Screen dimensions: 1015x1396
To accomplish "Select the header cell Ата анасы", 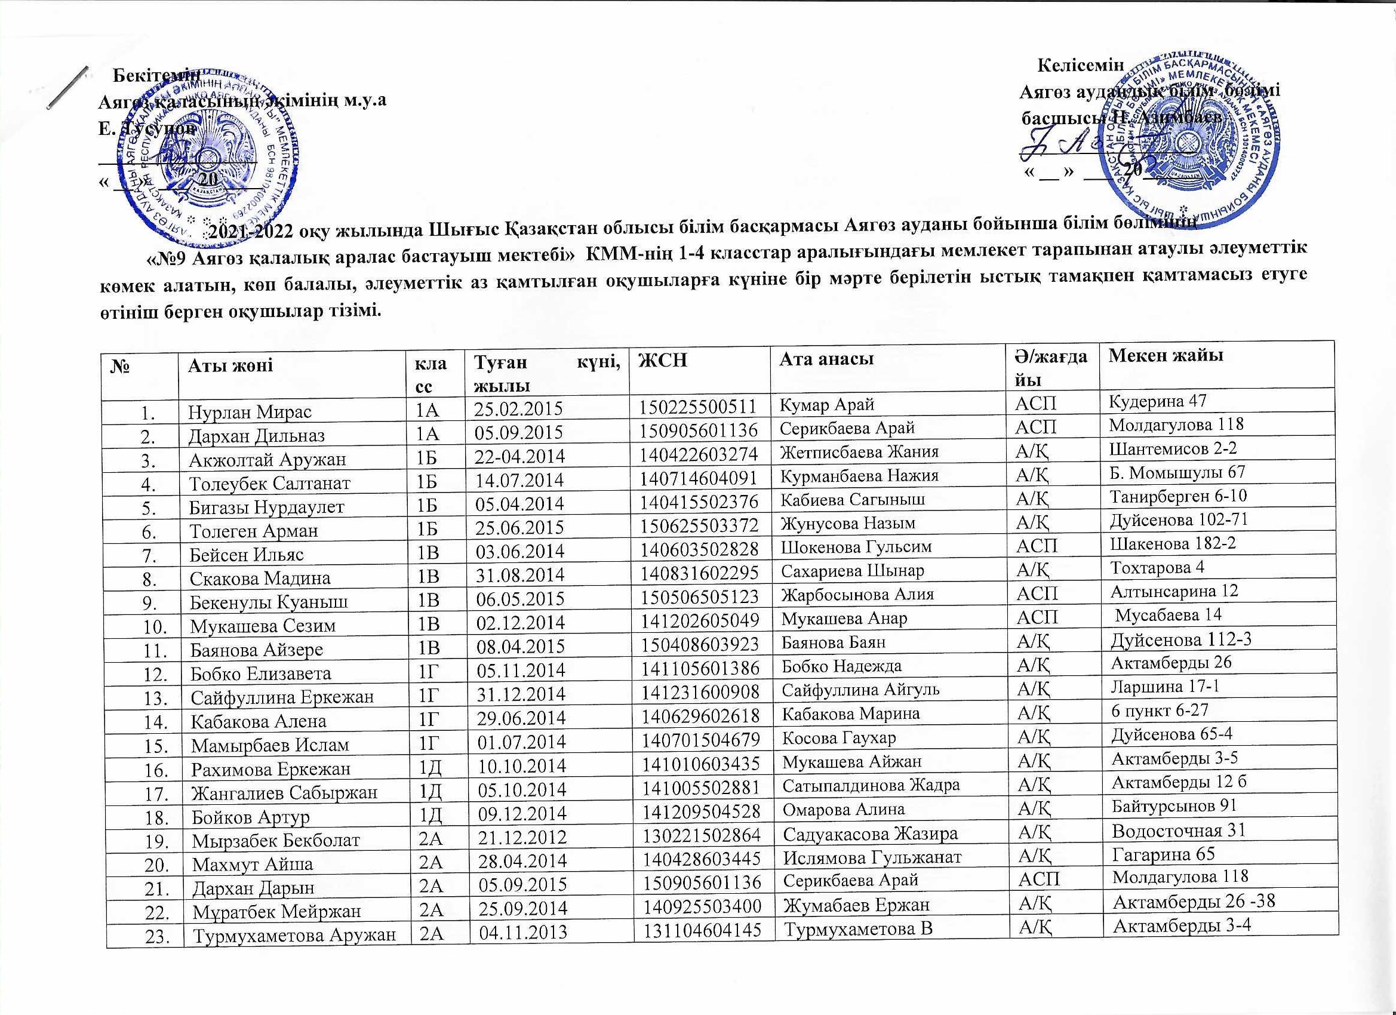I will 826,359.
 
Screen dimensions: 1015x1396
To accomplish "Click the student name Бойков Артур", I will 251,817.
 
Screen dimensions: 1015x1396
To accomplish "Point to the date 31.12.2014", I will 521,694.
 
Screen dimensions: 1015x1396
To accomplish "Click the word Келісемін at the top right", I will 1080,64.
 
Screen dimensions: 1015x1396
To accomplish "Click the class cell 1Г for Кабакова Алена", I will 428,718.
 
